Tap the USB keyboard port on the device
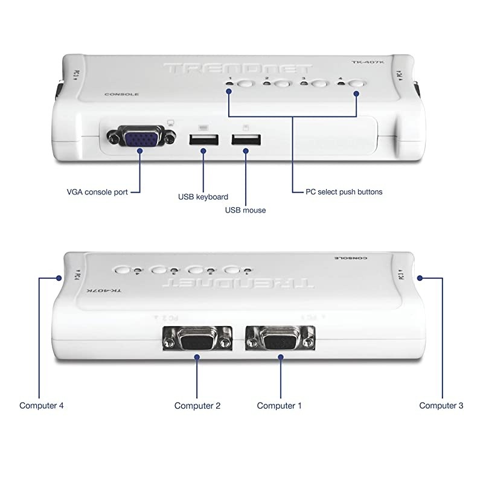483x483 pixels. click(x=202, y=139)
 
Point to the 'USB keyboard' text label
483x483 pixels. click(x=203, y=197)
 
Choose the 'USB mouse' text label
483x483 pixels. click(x=245, y=210)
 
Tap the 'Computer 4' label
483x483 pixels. click(x=42, y=406)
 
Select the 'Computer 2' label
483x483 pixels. click(x=197, y=406)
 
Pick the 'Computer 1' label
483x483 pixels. click(x=279, y=406)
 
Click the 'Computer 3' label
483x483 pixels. click(x=441, y=406)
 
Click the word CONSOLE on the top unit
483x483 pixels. click(x=122, y=94)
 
